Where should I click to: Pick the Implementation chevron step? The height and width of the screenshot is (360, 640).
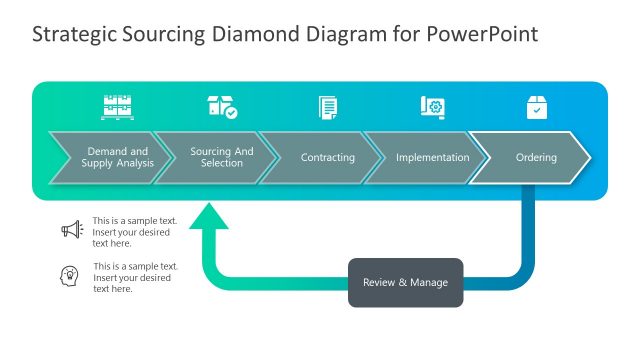tap(432, 158)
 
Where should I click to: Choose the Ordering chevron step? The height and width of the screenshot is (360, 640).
tap(536, 158)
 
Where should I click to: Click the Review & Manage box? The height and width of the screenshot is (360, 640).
tap(405, 282)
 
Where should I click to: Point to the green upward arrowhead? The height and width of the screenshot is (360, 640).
tap(208, 216)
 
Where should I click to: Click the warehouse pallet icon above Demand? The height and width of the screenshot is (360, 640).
tap(117, 107)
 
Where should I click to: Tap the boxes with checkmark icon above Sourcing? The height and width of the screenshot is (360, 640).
tap(222, 107)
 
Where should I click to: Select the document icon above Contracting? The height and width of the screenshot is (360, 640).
tap(327, 107)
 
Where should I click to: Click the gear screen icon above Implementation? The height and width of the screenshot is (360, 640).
tap(432, 107)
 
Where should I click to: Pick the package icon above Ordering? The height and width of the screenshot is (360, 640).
tap(537, 107)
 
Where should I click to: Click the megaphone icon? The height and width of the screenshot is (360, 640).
tap(71, 230)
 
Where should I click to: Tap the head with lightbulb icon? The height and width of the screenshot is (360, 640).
tap(71, 276)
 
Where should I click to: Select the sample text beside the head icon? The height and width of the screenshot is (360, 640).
tap(135, 277)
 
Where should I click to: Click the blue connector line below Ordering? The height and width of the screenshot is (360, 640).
tap(527, 230)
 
